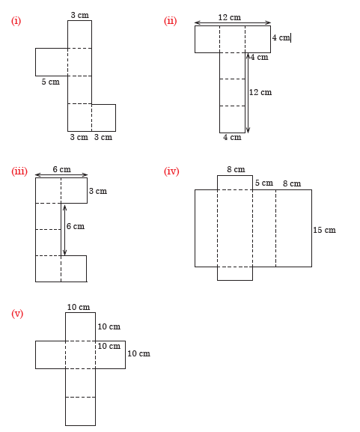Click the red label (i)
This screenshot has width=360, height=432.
(16, 21)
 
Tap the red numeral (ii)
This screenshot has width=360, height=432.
(170, 21)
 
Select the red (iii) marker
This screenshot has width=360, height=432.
(19, 171)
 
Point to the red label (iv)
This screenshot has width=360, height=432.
(171, 171)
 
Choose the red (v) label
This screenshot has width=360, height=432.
(17, 314)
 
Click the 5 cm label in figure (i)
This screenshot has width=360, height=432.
(51, 82)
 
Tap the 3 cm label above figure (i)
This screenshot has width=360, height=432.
(80, 15)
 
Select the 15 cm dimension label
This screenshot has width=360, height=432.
(325, 230)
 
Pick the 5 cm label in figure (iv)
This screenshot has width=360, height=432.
(264, 183)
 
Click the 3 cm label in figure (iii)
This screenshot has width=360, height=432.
(98, 191)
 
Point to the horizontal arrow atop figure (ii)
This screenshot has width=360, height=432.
(233, 23)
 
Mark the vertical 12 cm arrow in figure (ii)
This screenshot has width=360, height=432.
(248, 93)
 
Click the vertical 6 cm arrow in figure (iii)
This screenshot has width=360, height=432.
(64, 230)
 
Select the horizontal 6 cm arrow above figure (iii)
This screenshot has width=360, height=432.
(61, 174)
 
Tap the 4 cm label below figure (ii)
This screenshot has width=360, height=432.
(232, 137)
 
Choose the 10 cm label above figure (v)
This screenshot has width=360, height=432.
(79, 307)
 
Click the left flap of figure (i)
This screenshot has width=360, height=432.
(52, 62)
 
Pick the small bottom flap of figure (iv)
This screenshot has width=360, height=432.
(235, 273)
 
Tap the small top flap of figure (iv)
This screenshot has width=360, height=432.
(235, 183)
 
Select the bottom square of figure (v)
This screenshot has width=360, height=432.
(80, 411)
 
